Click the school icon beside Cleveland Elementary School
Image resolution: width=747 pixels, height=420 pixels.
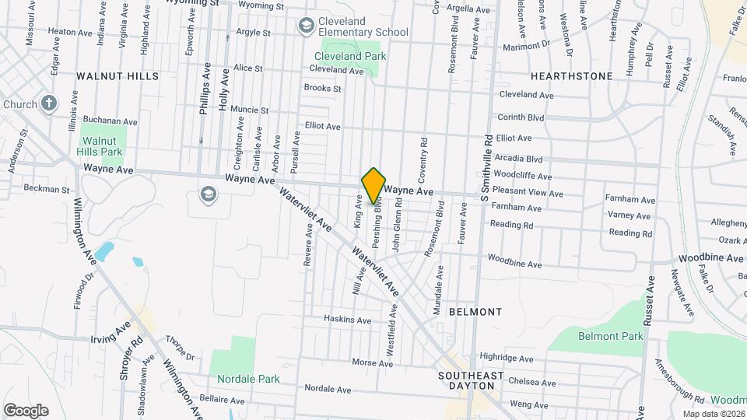click(307, 26)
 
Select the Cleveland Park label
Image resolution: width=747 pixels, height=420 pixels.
click(350, 56)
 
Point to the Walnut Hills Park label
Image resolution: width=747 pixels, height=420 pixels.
click(102, 146)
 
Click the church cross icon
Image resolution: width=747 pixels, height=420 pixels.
click(49, 103)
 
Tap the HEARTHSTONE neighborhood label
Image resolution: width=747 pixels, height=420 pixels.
click(571, 76)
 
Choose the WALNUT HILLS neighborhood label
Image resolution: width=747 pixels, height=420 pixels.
click(117, 76)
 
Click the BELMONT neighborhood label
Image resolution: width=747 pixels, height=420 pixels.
click(475, 311)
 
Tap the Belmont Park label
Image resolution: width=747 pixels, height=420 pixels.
click(611, 336)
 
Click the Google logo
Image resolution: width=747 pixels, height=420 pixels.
click(26, 410)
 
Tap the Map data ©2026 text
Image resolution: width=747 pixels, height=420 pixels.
click(713, 413)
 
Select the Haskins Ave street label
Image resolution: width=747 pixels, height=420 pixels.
click(348, 320)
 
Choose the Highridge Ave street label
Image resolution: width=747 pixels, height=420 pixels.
click(507, 359)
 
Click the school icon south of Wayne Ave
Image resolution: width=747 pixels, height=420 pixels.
click(207, 193)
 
